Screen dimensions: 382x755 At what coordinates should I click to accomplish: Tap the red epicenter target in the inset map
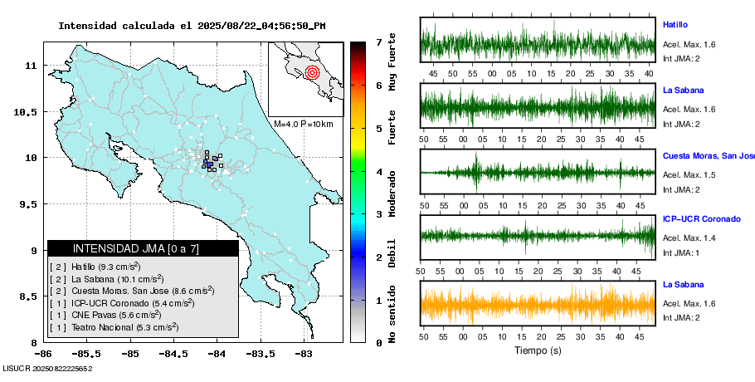point(312,72)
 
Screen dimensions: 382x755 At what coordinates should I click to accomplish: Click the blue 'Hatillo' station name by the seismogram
point(675,25)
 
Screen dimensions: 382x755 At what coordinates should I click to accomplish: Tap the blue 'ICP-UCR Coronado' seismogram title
point(701,219)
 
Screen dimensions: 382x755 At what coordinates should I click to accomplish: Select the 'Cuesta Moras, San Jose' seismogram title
point(708,155)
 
